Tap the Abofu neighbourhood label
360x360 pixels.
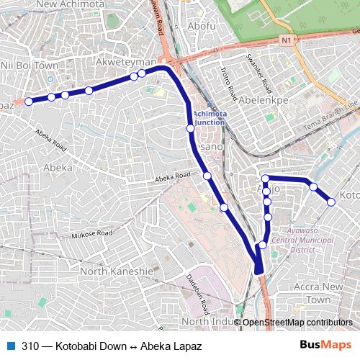(x=201, y=27)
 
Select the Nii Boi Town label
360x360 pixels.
(x=30, y=65)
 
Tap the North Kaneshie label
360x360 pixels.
(x=116, y=271)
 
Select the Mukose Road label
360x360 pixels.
(x=92, y=235)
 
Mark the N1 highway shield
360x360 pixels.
(x=288, y=39)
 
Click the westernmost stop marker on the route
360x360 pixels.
(x=29, y=102)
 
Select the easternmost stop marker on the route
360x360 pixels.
(x=331, y=202)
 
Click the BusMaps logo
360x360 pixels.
(x=326, y=346)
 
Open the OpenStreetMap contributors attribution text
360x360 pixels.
(x=297, y=323)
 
